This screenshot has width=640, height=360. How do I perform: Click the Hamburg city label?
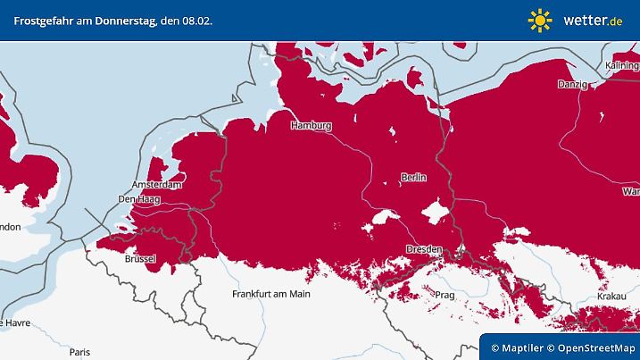[311, 126]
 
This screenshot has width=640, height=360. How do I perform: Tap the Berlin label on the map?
[413, 178]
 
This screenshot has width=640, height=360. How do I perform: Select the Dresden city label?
[423, 248]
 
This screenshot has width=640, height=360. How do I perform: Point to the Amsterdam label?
[158, 185]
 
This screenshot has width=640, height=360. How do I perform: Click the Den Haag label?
[139, 199]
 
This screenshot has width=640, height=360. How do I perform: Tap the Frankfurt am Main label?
[270, 294]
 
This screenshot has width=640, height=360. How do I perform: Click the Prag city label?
[445, 294]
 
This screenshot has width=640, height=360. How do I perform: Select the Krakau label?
[611, 295]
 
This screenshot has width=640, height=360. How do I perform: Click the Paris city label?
[80, 352]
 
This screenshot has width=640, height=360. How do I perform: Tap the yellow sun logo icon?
[540, 19]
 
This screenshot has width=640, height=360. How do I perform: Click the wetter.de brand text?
[593, 20]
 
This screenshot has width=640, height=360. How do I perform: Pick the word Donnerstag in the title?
[122, 19]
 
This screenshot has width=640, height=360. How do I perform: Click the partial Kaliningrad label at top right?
[622, 66]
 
